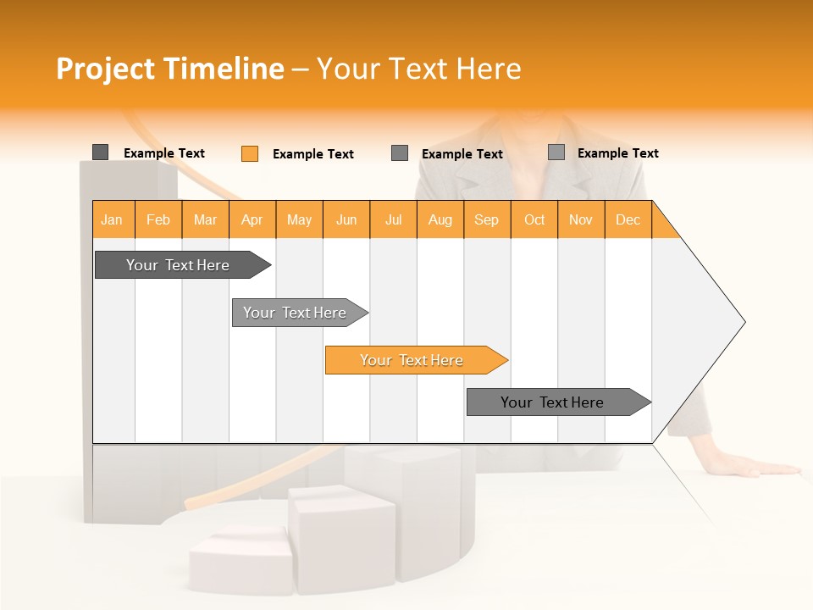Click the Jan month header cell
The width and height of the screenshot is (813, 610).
point(113,219)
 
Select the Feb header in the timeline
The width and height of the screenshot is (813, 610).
point(158,219)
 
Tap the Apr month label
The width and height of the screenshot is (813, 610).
point(252,219)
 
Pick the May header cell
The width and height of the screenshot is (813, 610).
point(299,219)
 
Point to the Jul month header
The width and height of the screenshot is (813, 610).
point(393,219)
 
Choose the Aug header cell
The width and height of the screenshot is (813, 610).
point(440,219)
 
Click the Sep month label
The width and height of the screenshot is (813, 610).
point(487,219)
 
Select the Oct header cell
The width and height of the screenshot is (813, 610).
point(534,219)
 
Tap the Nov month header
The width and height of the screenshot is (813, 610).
point(581,219)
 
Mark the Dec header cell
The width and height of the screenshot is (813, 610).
point(628,219)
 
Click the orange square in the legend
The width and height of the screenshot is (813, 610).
point(250,153)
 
